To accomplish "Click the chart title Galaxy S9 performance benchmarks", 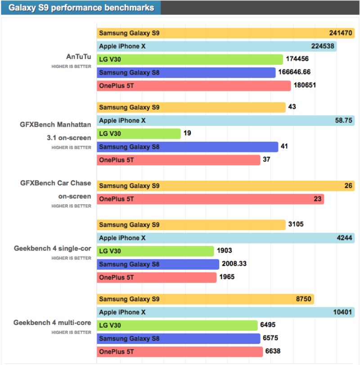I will tap(81, 8).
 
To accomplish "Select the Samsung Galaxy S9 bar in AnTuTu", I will tap(225, 33).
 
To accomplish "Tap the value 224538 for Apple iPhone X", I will tap(323, 46).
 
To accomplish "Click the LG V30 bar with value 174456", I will tap(189, 59).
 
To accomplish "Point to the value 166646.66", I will tap(294, 72).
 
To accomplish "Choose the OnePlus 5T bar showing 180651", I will tap(193, 85).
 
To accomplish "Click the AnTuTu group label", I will tap(78, 57).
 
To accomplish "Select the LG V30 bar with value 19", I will tap(139, 134).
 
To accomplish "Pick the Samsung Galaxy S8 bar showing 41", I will tap(187, 147).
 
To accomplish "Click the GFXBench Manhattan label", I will tap(56, 125).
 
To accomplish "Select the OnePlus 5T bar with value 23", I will tap(210, 199).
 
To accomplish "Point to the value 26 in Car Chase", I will tap(348, 186).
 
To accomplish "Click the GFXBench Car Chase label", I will tap(56, 183).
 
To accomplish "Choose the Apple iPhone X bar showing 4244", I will tap(225, 238).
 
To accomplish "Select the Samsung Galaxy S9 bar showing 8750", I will tap(205, 299).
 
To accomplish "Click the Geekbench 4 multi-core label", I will tap(52, 323).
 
